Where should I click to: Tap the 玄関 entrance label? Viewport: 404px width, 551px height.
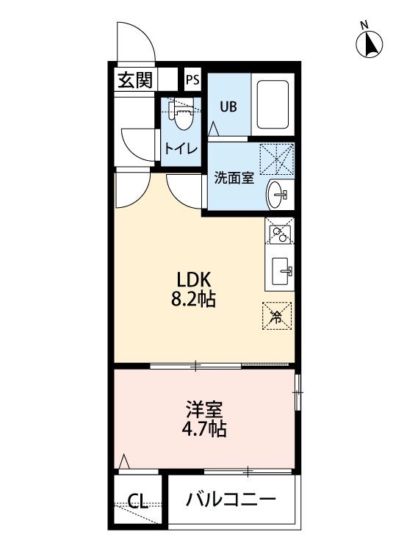pyautogui.click(x=135, y=80)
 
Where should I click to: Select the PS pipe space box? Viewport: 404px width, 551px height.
pyautogui.click(x=192, y=80)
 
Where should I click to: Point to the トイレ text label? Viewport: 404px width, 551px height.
pyautogui.click(x=181, y=149)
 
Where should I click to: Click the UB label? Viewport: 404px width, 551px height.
pyautogui.click(x=228, y=107)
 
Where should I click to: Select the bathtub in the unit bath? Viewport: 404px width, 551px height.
pyautogui.click(x=273, y=104)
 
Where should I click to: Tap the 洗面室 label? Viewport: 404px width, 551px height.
pyautogui.click(x=234, y=179)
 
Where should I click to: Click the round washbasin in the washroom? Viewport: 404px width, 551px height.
pyautogui.click(x=277, y=195)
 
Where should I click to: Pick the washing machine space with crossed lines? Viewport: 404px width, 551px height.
pyautogui.click(x=276, y=159)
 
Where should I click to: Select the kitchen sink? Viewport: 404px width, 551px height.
pyautogui.click(x=282, y=272)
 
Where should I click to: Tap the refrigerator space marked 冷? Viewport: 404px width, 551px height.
pyautogui.click(x=276, y=316)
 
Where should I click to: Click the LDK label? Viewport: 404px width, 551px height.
pyautogui.click(x=194, y=280)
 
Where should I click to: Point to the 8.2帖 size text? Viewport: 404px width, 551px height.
pyautogui.click(x=193, y=300)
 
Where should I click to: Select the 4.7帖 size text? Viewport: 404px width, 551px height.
pyautogui.click(x=203, y=428)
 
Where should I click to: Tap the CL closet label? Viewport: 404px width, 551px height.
pyautogui.click(x=137, y=502)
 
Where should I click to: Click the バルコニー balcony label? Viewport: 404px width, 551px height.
pyautogui.click(x=231, y=499)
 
